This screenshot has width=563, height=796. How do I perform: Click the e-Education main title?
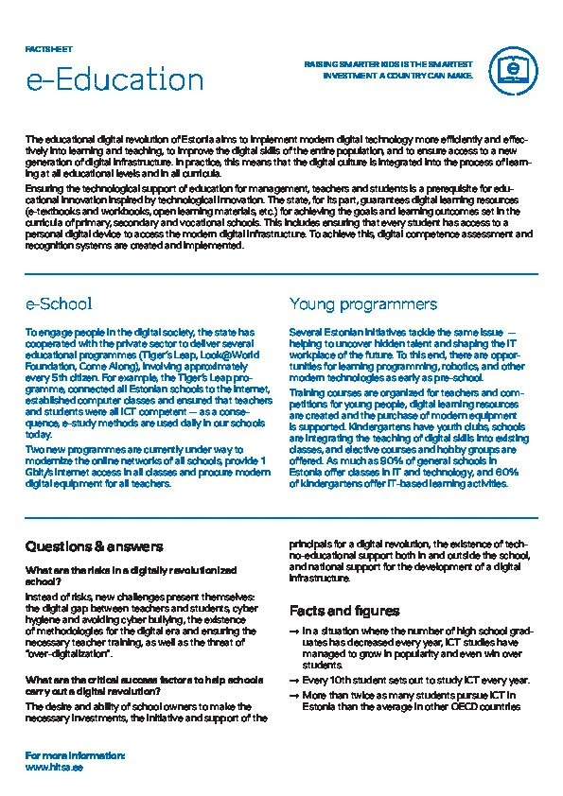pyautogui.click(x=114, y=79)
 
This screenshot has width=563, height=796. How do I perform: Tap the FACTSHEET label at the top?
pyautogui.click(x=48, y=47)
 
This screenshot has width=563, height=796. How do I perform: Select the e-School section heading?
pyautogui.click(x=59, y=303)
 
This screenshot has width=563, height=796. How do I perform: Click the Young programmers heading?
pyautogui.click(x=362, y=303)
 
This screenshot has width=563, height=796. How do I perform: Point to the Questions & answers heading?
pyautogui.click(x=94, y=546)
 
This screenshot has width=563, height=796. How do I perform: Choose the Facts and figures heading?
pyautogui.click(x=344, y=611)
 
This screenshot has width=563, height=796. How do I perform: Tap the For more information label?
pyautogui.click(x=75, y=756)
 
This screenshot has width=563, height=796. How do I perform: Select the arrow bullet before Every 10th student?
pyautogui.click(x=294, y=681)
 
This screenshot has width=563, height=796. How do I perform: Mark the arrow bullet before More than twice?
pyautogui.click(x=294, y=696)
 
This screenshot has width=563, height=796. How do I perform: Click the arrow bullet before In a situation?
pyautogui.click(x=294, y=632)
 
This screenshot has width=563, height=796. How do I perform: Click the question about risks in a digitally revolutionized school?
pyautogui.click(x=131, y=576)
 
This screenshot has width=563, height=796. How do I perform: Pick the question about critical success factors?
pyautogui.click(x=144, y=685)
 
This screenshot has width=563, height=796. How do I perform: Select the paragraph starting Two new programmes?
pyautogui.click(x=148, y=465)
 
